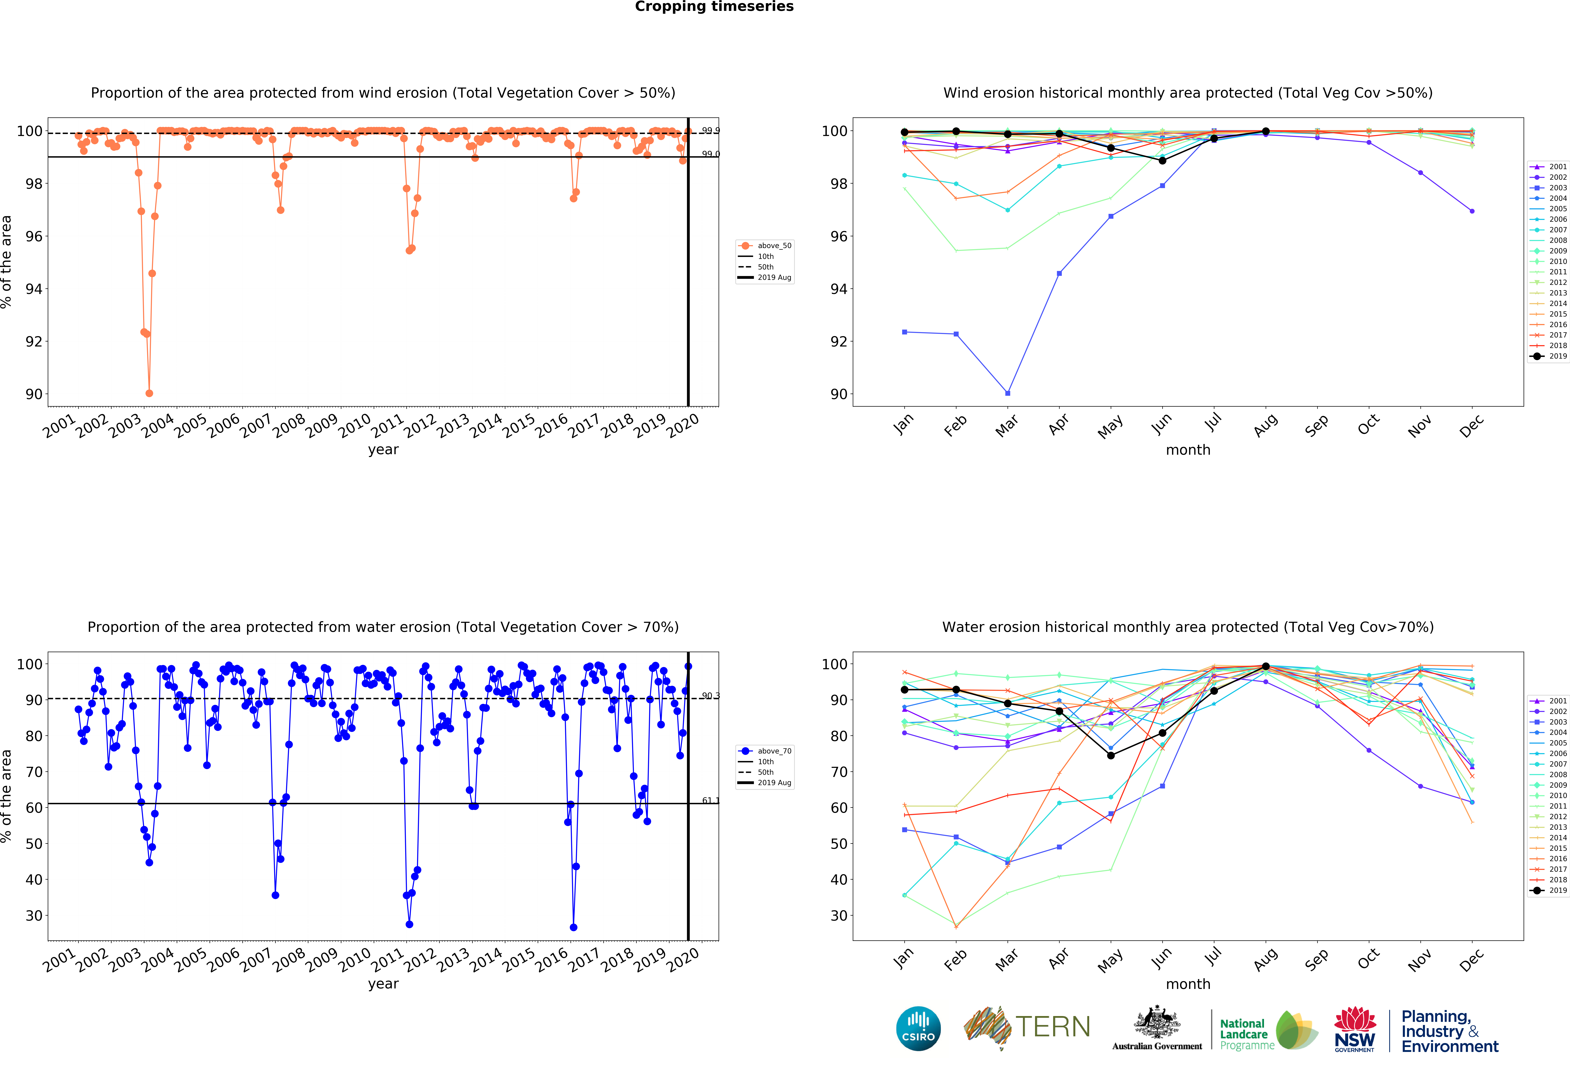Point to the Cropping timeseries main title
click(x=714, y=7)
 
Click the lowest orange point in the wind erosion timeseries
click(x=149, y=393)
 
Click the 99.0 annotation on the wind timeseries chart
click(x=710, y=154)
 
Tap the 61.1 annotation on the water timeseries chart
click(x=710, y=801)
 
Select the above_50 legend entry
click(x=765, y=246)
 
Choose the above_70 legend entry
click(x=765, y=751)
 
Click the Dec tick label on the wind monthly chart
click(x=1471, y=426)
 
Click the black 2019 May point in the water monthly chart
click(x=1111, y=755)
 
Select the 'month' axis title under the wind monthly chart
click(x=1188, y=450)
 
